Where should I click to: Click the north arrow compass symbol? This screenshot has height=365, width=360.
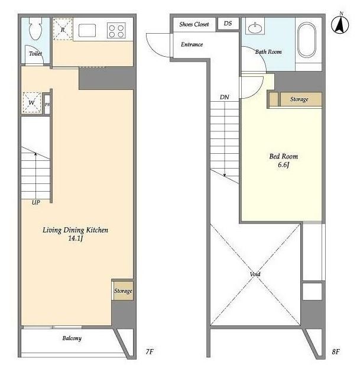point(340,24)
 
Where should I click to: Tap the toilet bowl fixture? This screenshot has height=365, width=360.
point(35,28)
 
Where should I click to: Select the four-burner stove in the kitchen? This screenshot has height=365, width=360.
point(116,31)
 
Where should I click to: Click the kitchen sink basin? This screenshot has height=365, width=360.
point(87,31)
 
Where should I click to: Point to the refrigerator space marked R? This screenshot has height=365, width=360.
point(63,30)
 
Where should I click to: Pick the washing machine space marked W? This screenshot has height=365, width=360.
point(32,103)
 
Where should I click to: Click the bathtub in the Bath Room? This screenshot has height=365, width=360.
point(307,40)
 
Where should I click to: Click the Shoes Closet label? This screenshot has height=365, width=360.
point(194,24)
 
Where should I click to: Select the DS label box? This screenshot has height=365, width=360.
point(228,23)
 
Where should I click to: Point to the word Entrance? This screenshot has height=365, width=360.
point(192,44)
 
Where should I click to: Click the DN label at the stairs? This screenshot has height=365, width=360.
point(225,97)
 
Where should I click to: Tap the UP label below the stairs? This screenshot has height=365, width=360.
point(36,202)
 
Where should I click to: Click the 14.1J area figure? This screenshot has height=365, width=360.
point(75,238)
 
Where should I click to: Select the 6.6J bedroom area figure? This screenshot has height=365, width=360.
point(284,165)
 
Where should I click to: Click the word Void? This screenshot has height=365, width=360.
point(255,274)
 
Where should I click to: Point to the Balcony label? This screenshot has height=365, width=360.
point(72,338)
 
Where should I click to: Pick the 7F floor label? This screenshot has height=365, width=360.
point(150,351)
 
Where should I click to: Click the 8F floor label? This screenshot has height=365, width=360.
point(336,351)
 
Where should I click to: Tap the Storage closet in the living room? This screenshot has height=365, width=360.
point(123,290)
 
